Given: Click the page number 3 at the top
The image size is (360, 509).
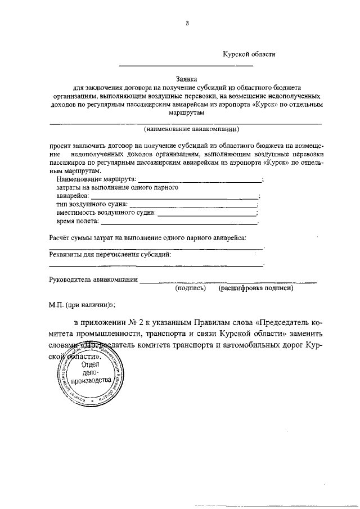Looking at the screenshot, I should click(x=187, y=23).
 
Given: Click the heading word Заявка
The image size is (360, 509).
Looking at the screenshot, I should click(x=187, y=80).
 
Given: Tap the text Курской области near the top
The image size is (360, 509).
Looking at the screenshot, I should click(x=249, y=54).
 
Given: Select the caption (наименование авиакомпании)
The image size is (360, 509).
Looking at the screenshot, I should click(x=191, y=129).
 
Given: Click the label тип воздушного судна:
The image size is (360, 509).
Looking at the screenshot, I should click(x=92, y=204).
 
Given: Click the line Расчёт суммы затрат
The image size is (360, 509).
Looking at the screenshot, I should click(x=147, y=238).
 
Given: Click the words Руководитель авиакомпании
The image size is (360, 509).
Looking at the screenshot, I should click(x=93, y=279).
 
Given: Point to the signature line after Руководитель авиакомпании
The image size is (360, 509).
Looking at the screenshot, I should click(x=228, y=281).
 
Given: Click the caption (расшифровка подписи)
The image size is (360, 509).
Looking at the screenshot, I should click(x=256, y=288).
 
